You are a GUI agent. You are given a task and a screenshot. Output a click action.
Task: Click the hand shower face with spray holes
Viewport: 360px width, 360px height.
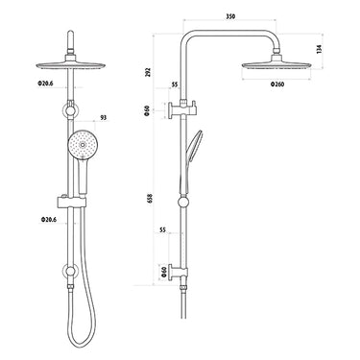[83, 148]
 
